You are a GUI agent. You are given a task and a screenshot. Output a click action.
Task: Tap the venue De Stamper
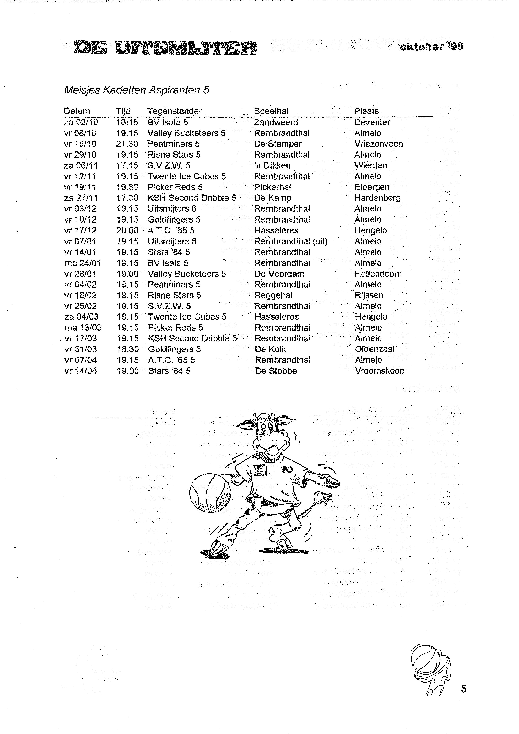[277, 144]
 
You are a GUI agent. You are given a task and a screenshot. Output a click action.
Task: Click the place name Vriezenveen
[378, 144]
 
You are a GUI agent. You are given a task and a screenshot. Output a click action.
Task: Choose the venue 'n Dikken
[272, 166]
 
